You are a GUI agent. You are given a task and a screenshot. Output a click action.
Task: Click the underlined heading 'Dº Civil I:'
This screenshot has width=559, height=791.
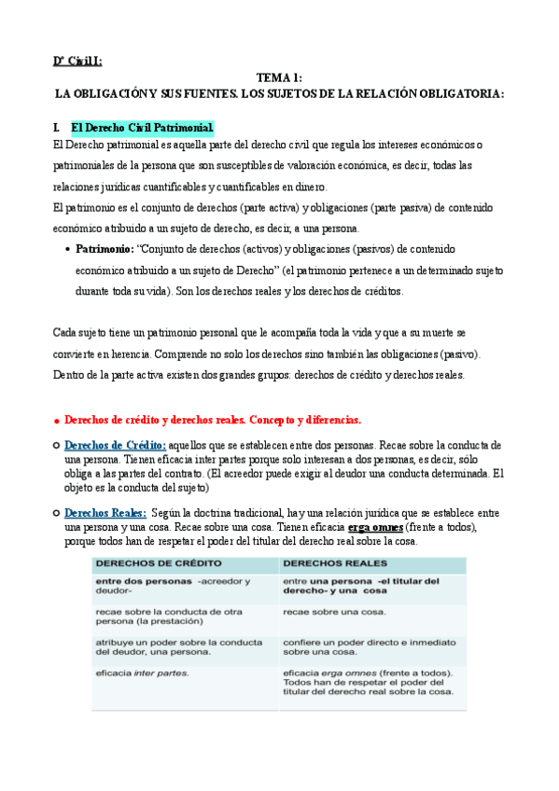(77, 61)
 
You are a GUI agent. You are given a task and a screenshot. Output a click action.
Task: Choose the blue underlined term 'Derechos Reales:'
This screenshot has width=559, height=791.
(105, 513)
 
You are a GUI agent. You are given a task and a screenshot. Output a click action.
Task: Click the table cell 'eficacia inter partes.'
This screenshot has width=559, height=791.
(142, 673)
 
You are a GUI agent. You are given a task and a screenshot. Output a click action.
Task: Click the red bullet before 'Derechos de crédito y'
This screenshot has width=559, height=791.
(58, 421)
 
